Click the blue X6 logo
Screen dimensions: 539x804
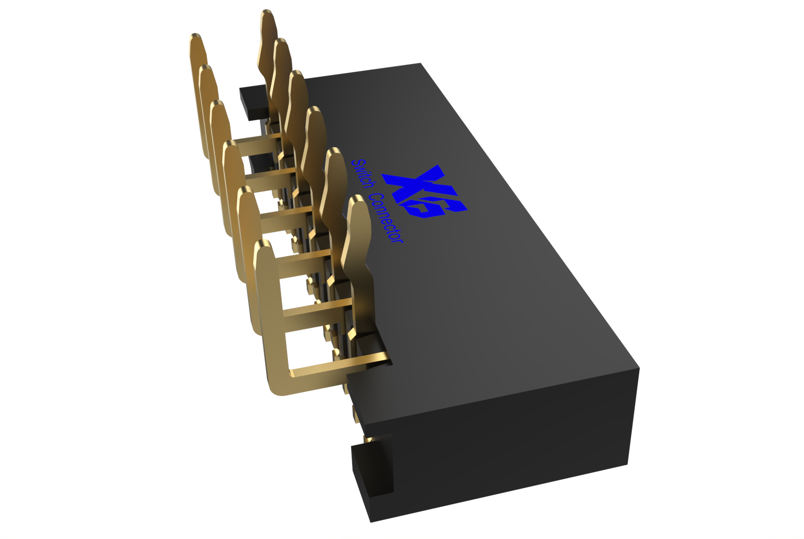[x=425, y=192]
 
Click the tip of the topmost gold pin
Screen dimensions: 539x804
[x=267, y=13]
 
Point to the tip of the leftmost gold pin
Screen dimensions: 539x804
[x=195, y=36]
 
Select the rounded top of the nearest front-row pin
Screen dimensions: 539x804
[x=262, y=246]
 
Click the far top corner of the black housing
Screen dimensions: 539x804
[x=420, y=64]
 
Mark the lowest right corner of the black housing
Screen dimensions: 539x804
[x=627, y=464]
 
